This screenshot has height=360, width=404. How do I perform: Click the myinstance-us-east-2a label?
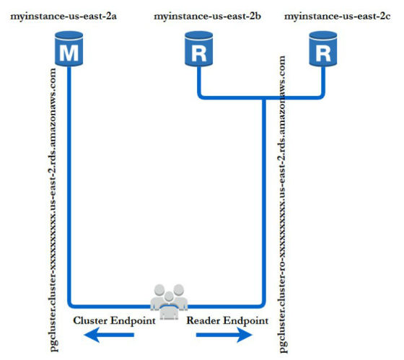tap(63, 17)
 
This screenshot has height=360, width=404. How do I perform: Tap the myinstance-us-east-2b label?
tap(208, 17)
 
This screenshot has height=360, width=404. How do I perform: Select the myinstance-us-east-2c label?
tap(338, 17)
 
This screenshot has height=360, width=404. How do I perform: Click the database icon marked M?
tap(69, 49)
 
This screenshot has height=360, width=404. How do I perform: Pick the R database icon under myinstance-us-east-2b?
tap(198, 49)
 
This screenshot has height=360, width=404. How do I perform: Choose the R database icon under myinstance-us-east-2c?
tap(323, 49)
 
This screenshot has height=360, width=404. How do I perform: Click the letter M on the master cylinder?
tap(69, 53)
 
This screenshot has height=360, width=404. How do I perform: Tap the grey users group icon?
tap(169, 302)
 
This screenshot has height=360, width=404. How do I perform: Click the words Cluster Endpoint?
tap(114, 320)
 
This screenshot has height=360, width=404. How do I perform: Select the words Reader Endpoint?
tap(227, 320)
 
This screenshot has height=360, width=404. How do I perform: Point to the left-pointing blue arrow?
tap(109, 335)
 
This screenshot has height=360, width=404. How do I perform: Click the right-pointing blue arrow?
tap(224, 335)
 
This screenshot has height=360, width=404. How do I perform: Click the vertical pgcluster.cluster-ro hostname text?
tap(282, 204)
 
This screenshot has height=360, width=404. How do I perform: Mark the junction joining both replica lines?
tap(263, 98)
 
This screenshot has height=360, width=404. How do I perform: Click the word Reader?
tap(203, 320)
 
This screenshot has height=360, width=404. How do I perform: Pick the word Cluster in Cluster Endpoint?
tap(90, 320)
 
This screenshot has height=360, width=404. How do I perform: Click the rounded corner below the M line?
tap(70, 305)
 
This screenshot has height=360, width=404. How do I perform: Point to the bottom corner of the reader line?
tap(263, 305)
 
